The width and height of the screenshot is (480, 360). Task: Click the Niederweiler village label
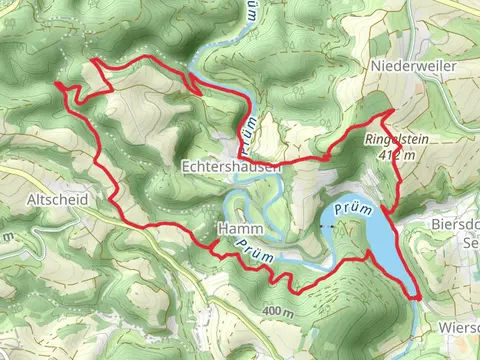tap(413, 65)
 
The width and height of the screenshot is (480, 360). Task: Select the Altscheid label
tap(59, 200)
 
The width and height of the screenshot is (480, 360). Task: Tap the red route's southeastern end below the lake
tap(415, 297)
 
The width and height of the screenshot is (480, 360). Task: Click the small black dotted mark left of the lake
tap(325, 228)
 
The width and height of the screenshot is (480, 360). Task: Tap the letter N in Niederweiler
tap(374, 65)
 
